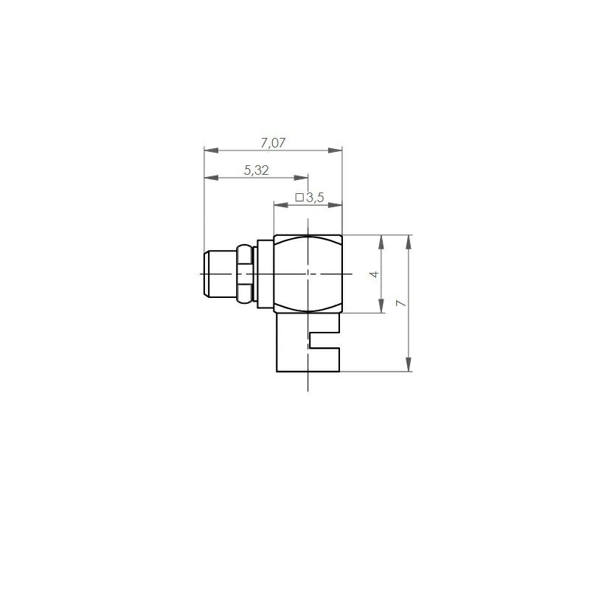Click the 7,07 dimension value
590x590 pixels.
(273, 143)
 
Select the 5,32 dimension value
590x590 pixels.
(256, 170)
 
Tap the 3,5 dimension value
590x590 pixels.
(315, 198)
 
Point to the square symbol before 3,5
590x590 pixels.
(299, 197)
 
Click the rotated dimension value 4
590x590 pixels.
(374, 274)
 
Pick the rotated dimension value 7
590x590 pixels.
(401, 303)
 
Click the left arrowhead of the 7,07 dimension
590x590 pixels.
(211, 150)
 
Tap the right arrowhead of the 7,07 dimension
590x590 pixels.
(335, 150)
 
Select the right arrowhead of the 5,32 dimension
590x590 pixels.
(301, 178)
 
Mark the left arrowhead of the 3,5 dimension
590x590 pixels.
(281, 205)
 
